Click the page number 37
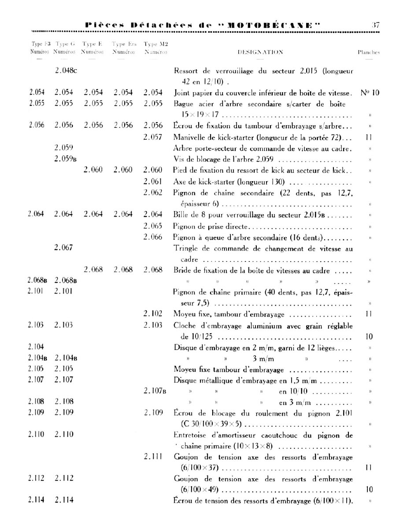pyautogui.click(x=375, y=25)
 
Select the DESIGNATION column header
pyautogui.click(x=260, y=52)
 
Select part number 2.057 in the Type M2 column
pyautogui.click(x=153, y=137)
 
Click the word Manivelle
pyautogui.click(x=190, y=137)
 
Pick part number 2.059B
pyautogui.click(x=66, y=159)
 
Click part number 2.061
pyautogui.click(x=153, y=182)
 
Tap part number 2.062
pyautogui.click(x=153, y=193)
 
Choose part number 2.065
pyautogui.click(x=153, y=226)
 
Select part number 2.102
pyautogui.click(x=153, y=314)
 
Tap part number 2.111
pyautogui.click(x=153, y=457)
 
